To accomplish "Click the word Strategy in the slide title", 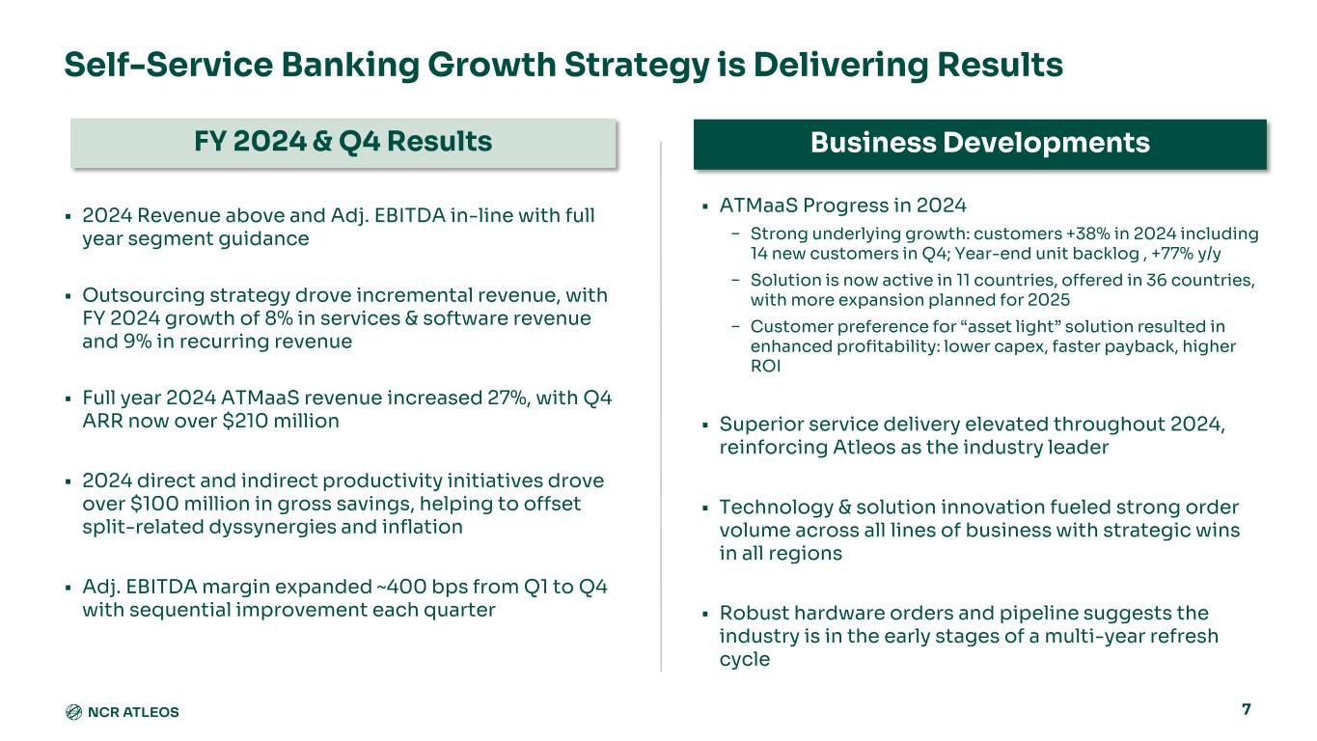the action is (637, 65).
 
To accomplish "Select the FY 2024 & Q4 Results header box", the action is (343, 143).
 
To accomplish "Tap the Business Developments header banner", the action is (980, 144).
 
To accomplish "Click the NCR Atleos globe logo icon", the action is (73, 712).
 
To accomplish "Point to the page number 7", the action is (1246, 709).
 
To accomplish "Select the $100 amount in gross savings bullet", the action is (152, 504).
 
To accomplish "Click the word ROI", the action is (765, 367).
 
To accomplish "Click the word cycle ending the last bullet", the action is (744, 660).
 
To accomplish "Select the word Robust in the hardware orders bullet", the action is (754, 613).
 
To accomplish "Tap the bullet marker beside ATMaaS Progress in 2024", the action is (705, 206).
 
